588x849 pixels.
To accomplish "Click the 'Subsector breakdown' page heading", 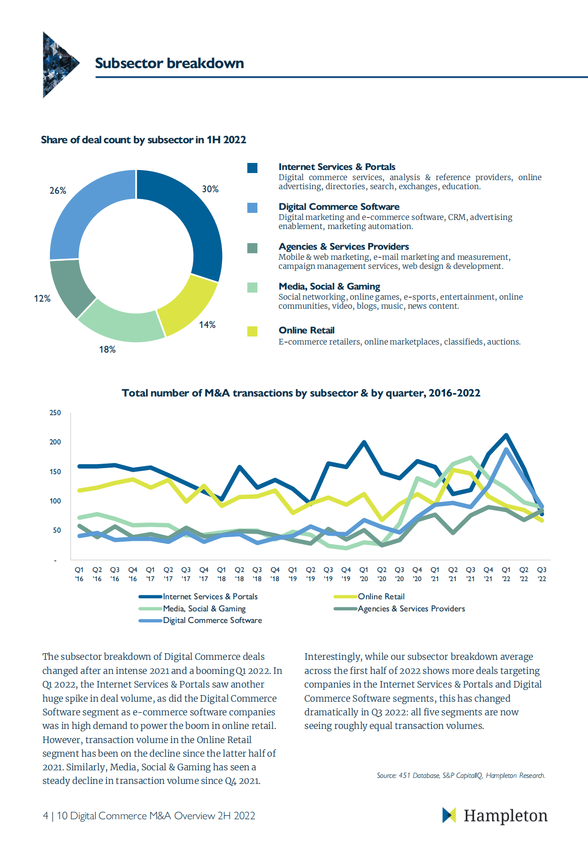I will tap(169, 63).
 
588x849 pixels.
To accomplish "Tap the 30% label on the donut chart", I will tap(210, 189).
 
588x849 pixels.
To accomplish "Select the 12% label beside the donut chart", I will tap(42, 299).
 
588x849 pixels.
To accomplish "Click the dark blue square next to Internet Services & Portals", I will tap(252, 168).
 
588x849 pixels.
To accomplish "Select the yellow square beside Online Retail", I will tap(252, 331).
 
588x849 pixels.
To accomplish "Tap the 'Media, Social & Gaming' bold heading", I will tap(329, 287).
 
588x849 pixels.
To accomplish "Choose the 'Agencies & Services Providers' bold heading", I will tap(343, 247).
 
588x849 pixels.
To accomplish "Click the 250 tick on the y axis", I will tap(55, 413).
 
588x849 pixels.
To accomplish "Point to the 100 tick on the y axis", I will tap(55, 501).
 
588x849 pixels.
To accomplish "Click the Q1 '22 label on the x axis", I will tap(506, 574).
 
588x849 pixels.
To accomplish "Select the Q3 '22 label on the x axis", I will tap(542, 574).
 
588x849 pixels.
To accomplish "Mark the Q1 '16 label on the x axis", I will tap(79, 574).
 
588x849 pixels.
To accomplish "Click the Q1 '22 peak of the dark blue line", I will tap(506, 435).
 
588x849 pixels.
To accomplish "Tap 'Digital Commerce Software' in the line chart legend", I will tap(212, 620).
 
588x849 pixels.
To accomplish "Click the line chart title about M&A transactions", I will tap(301, 393).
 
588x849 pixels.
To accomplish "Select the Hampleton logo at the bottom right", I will tap(495, 816).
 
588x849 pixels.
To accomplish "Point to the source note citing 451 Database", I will tap(461, 775).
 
